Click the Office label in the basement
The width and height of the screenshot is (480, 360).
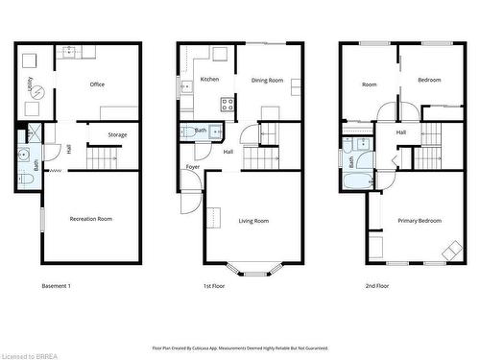97,84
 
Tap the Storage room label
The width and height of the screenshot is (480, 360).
117,134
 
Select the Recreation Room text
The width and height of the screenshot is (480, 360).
91,219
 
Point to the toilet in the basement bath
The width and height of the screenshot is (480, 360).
23,153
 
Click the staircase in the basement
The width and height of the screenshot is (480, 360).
101,156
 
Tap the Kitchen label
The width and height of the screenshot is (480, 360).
209,80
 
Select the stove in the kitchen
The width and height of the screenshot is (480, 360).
228,105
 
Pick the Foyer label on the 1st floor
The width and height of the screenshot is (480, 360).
193,167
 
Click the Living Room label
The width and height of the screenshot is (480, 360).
253,221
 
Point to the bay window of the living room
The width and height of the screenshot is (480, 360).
253,270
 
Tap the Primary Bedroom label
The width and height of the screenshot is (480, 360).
420,221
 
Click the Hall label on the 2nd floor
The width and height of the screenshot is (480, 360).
401,132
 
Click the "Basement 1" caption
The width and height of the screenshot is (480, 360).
56,286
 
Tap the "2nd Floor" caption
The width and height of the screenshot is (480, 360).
377,286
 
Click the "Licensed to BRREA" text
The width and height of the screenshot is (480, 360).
32,353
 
